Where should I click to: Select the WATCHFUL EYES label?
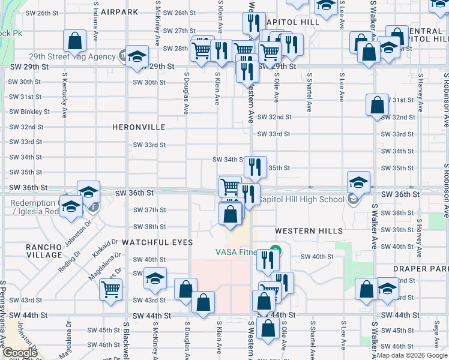coord(157,242)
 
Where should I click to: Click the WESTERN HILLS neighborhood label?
coord(309,231)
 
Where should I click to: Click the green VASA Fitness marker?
coord(276,251)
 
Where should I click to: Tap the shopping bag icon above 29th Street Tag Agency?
coord(75,41)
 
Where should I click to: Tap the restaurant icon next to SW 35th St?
coord(255,167)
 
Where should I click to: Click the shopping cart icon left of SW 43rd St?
coord(112,290)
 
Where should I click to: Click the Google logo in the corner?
coord(21,353)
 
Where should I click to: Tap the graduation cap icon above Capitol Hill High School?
coord(358,182)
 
